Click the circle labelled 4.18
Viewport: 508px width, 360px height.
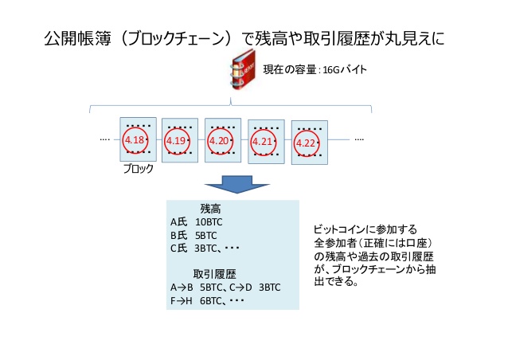click(x=135, y=140)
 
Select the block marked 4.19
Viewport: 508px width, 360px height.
click(x=179, y=140)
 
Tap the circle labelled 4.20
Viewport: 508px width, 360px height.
click(x=219, y=140)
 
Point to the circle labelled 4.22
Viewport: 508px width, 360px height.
click(x=306, y=143)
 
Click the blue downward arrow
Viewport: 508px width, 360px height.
click(x=231, y=184)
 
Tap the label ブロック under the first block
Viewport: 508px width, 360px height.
click(x=139, y=169)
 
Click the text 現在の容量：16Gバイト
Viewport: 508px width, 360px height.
click(x=327, y=70)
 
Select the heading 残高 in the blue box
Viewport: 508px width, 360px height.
click(x=211, y=208)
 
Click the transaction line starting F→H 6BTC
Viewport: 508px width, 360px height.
click(x=206, y=301)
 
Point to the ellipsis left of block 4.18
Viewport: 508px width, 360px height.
click(x=104, y=139)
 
